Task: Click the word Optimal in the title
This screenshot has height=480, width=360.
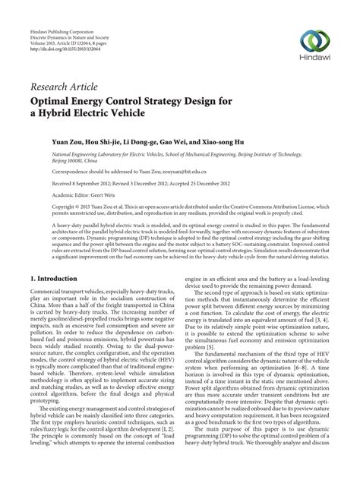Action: [x=53, y=101]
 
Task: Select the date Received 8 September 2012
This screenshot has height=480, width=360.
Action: [x=65, y=182]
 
